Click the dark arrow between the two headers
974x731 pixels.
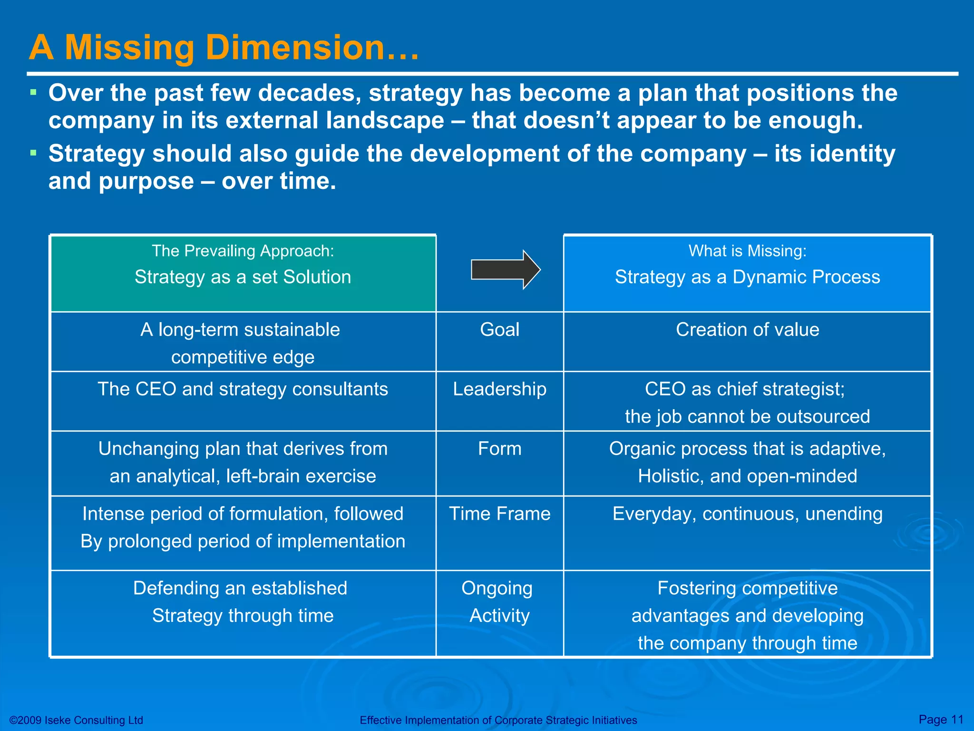click(505, 269)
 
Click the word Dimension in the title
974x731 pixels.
click(295, 48)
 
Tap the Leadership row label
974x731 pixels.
click(499, 389)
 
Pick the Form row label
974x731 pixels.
click(499, 449)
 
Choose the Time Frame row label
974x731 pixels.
click(499, 514)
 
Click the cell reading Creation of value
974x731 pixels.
click(747, 330)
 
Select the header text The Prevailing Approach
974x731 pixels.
click(243, 251)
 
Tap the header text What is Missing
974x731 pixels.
click(747, 251)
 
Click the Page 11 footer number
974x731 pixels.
click(941, 719)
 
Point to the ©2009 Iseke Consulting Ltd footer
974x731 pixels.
click(76, 720)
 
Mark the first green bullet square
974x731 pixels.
click(33, 92)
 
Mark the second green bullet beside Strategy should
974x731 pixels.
click(33, 153)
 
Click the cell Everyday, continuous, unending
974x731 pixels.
click(747, 514)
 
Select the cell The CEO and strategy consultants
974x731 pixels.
click(243, 389)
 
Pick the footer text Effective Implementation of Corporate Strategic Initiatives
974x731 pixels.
click(498, 720)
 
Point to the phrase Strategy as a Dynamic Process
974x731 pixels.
click(747, 277)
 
